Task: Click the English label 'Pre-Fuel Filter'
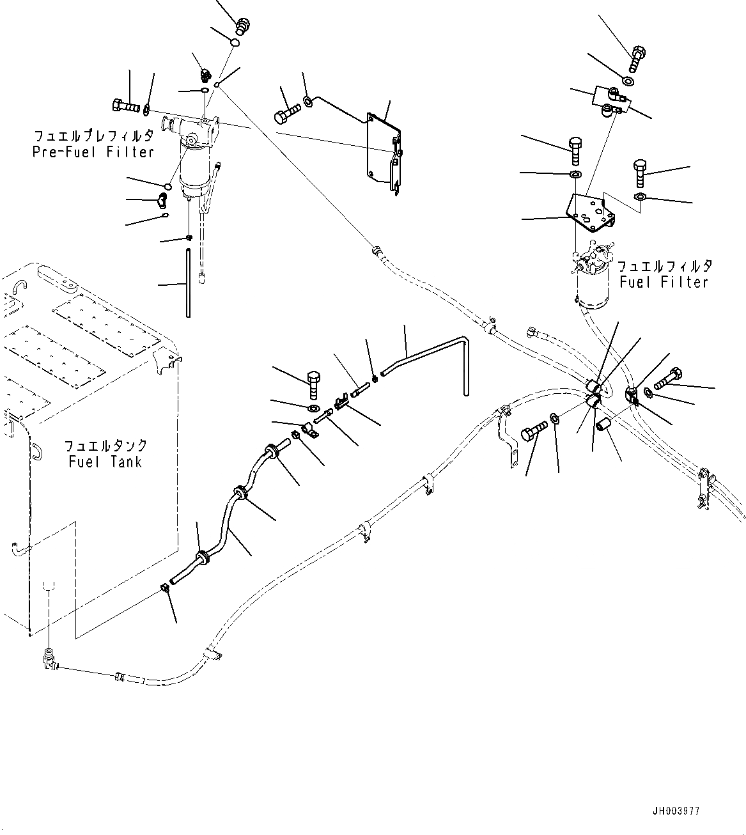pos(93,152)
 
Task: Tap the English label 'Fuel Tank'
pos(105,461)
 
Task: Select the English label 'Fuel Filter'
pos(664,282)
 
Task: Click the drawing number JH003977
pos(676,811)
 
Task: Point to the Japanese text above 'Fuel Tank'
pos(106,446)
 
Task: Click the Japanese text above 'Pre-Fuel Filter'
pos(93,136)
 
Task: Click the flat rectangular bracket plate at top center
pos(382,152)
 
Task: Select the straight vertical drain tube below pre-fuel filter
pos(188,282)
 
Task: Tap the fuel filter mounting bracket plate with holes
pos(589,212)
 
